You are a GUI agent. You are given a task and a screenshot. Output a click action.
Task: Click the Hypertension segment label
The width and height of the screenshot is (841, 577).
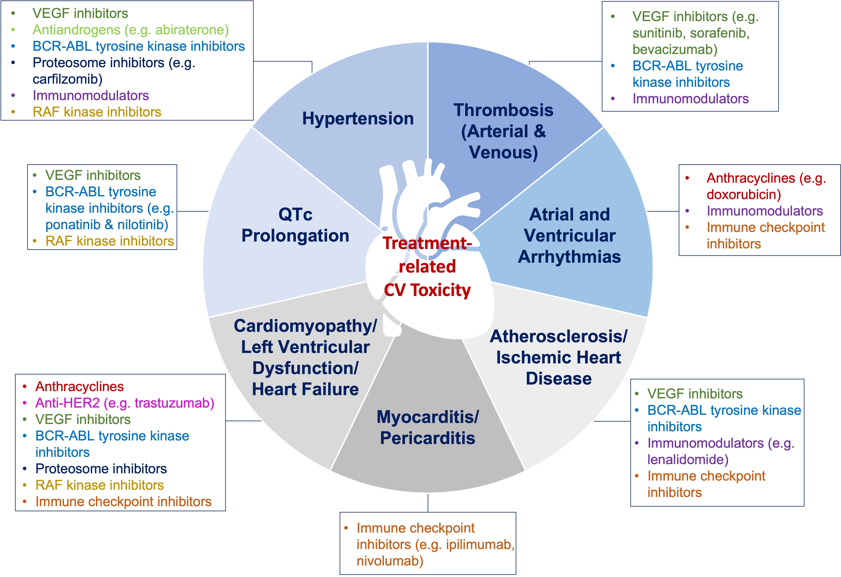click(358, 118)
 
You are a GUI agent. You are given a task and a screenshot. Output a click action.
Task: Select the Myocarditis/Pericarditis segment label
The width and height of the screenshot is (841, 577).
click(427, 427)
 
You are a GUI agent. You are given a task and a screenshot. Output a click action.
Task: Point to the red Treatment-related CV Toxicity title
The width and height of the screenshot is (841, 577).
click(427, 267)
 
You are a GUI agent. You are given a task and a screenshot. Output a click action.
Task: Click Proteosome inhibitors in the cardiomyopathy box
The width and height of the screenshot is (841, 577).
click(101, 469)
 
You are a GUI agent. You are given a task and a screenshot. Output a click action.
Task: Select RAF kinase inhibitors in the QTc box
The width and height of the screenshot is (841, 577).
click(110, 241)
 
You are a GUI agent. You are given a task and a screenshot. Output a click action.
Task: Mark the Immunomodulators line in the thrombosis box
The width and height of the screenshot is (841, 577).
click(691, 99)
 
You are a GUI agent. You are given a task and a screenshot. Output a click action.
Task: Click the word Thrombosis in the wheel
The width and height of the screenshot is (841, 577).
click(503, 110)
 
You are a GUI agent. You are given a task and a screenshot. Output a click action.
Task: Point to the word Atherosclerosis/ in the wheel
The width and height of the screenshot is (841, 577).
click(558, 337)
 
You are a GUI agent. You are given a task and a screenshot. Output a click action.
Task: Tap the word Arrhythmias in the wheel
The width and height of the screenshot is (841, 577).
click(569, 257)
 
